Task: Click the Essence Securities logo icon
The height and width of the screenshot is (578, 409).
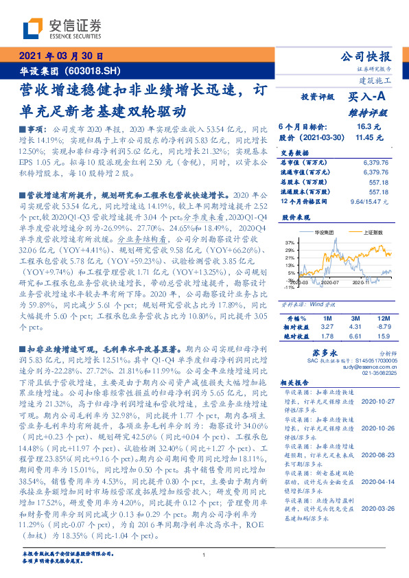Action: pos(32,29)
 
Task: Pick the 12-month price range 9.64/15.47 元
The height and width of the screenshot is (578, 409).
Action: pos(369,200)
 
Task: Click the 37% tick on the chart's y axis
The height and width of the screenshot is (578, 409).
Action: pos(288,242)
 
